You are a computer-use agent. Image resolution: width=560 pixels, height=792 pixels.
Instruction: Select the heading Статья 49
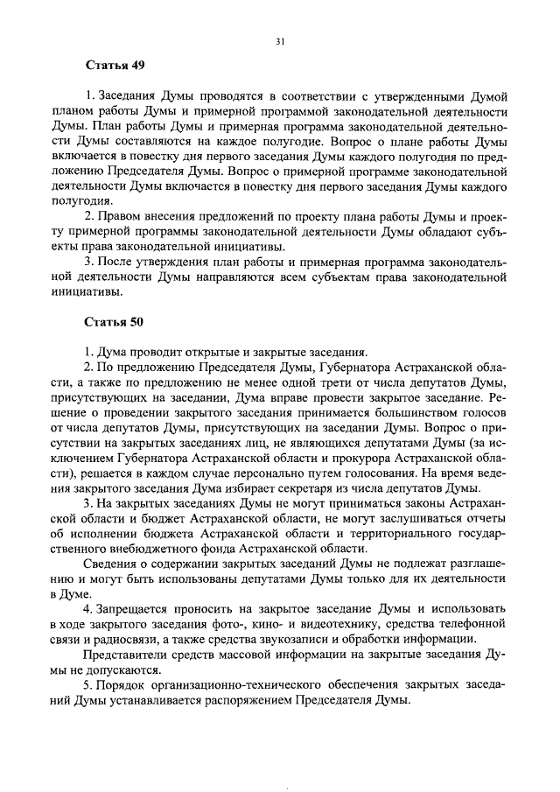[115, 67]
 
